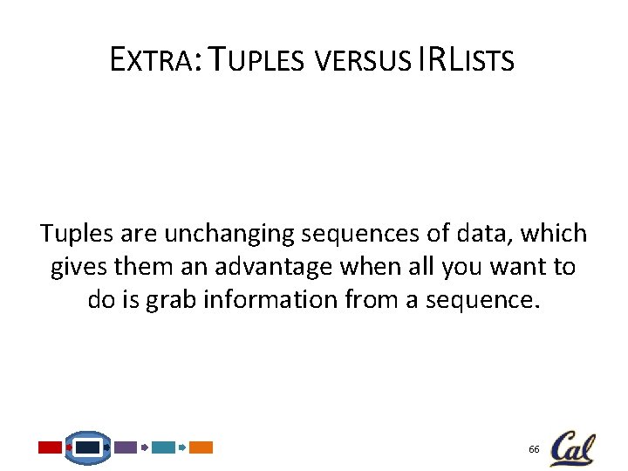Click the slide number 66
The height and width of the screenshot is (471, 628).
tap(533, 448)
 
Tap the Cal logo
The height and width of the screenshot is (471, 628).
tap(572, 447)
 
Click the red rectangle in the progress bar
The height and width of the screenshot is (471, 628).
tap(50, 447)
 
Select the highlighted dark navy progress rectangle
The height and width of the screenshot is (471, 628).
tap(88, 447)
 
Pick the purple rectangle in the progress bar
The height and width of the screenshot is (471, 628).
tap(126, 447)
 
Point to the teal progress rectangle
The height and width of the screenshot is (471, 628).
tap(163, 447)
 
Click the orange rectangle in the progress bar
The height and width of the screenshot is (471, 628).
tap(201, 447)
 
